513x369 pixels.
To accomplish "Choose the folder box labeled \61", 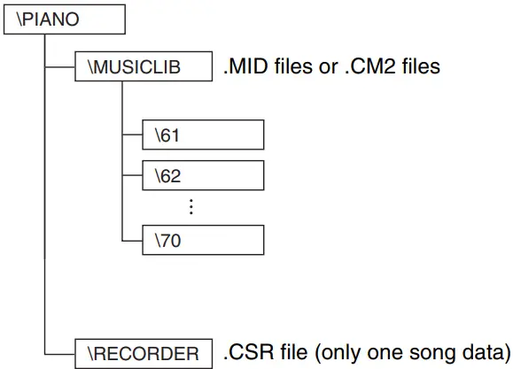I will click(203, 136).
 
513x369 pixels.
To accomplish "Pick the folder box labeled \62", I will click(203, 174).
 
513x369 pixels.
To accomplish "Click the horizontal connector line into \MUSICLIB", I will click(60, 66).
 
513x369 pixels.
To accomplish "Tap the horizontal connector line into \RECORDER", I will click(60, 352).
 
